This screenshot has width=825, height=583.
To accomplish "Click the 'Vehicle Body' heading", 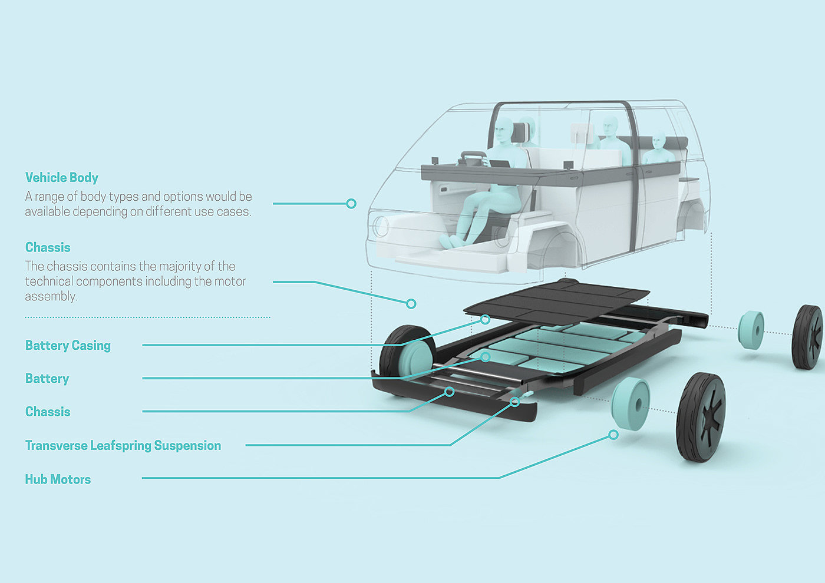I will coord(61,178).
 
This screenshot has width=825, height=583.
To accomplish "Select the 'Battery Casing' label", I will coord(68,346).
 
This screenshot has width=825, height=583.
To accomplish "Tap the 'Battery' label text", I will coord(47,379).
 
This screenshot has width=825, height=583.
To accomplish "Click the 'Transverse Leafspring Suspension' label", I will coord(123,446).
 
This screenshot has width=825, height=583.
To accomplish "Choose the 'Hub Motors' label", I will coord(58,479).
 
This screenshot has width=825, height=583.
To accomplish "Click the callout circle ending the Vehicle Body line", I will coord(351,204).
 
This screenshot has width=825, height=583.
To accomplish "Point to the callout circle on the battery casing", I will coord(485,319).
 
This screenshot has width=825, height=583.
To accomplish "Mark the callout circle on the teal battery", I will coord(485,357).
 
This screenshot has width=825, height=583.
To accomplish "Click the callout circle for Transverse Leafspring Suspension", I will coord(515,402).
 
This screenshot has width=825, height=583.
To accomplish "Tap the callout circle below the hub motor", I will coord(613,435).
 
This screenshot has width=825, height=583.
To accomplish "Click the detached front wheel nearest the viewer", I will coord(701,416).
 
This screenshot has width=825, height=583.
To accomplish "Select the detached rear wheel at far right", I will coord(807,337).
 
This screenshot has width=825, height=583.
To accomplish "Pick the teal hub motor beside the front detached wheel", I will coord(631,403).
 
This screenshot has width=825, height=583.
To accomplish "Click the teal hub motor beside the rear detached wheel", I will coord(751,330).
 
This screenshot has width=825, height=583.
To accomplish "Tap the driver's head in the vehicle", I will coord(504,130).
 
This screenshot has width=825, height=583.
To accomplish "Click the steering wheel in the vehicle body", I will coord(473,158).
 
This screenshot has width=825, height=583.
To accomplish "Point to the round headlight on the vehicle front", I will coord(380,226).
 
